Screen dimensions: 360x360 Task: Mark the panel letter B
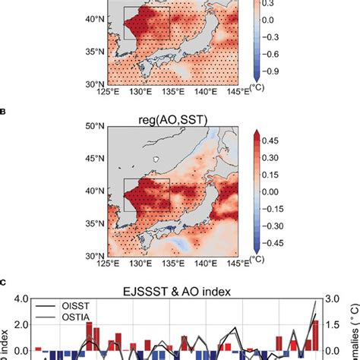(5, 109)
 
